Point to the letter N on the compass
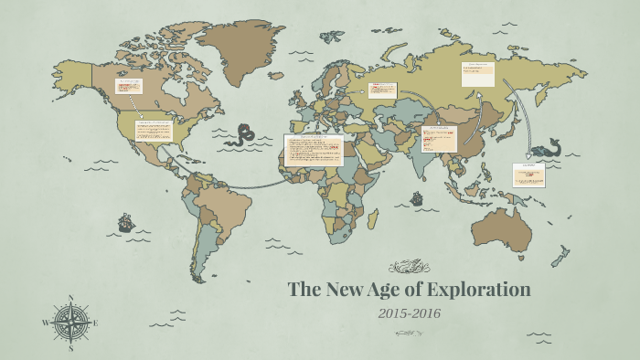[x=70, y=298]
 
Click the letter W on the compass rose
[x=46, y=323]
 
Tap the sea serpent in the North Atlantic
[x=241, y=135]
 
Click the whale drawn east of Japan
[x=545, y=147]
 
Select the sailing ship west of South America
[x=125, y=222]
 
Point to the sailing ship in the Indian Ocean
[x=416, y=197]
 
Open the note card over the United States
[x=155, y=132]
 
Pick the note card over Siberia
[x=477, y=73]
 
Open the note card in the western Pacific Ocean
[x=527, y=173]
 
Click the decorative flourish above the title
[x=409, y=268]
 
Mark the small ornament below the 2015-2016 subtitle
[x=409, y=334]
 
